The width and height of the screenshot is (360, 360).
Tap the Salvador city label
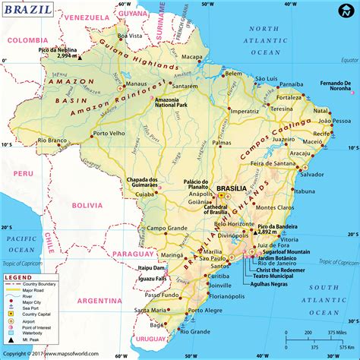(x=311, y=174)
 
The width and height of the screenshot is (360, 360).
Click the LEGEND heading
(x=20, y=278)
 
